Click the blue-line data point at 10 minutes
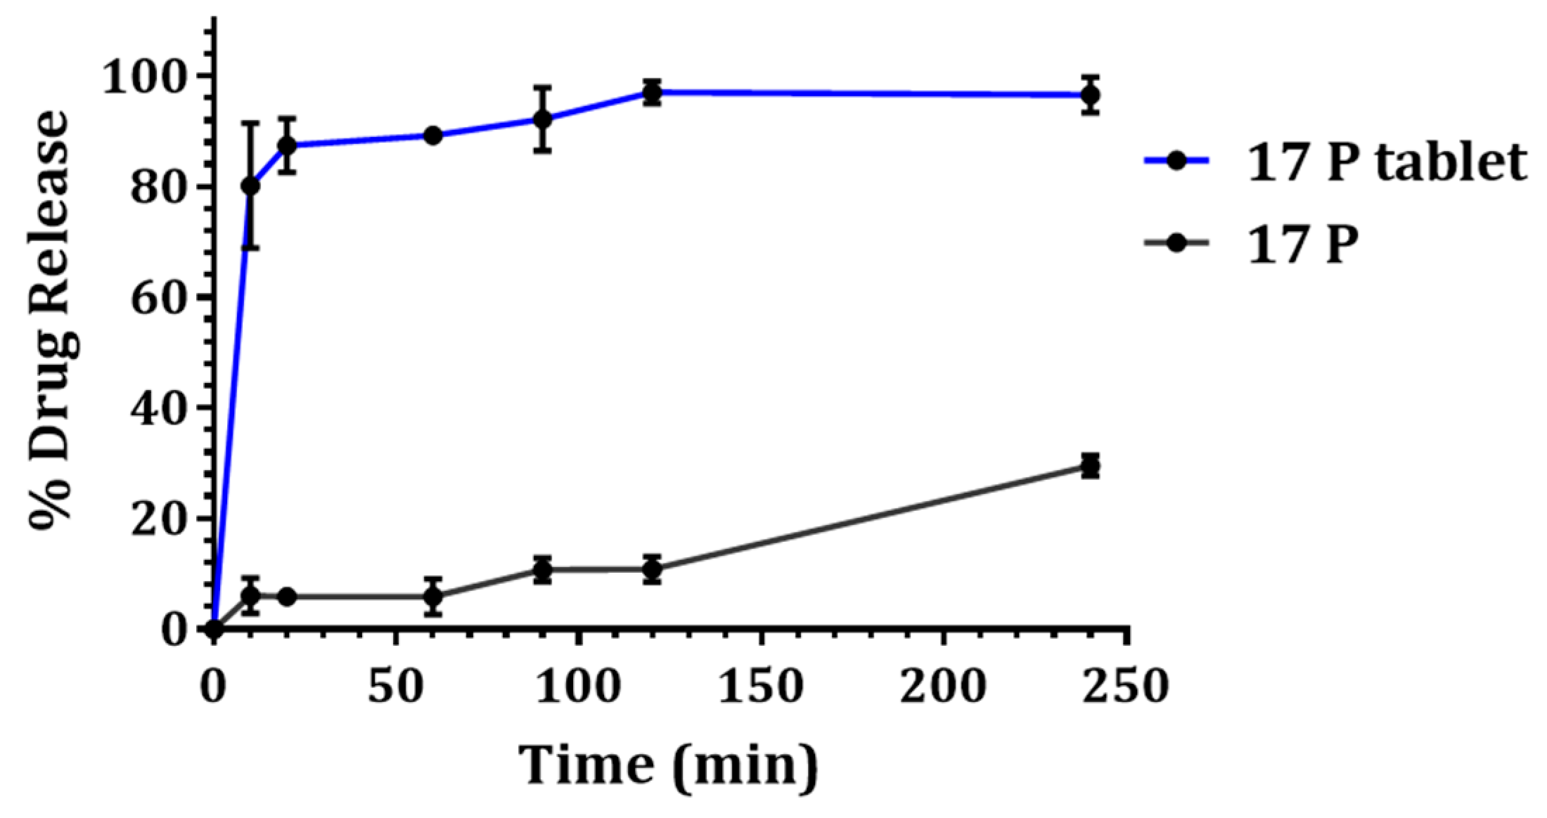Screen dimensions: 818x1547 click(250, 186)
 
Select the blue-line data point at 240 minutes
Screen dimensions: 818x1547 click(1090, 95)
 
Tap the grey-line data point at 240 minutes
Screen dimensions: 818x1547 click(1090, 466)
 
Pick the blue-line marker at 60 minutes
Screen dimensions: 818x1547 click(433, 135)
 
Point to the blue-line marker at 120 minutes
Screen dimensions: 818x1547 click(652, 92)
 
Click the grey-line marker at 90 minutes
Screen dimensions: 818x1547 click(541, 570)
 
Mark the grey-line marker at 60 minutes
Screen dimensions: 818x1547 click(433, 597)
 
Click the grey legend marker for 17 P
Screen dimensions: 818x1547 click(1176, 243)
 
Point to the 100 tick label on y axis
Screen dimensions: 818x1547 click(148, 77)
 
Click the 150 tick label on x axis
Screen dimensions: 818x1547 click(759, 685)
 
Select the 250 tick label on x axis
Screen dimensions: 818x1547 click(1125, 685)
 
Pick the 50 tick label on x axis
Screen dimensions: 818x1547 click(396, 685)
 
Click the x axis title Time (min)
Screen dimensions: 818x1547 click(669, 765)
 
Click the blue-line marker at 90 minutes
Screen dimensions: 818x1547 click(541, 119)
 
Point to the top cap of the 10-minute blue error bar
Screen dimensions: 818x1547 click(250, 123)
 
